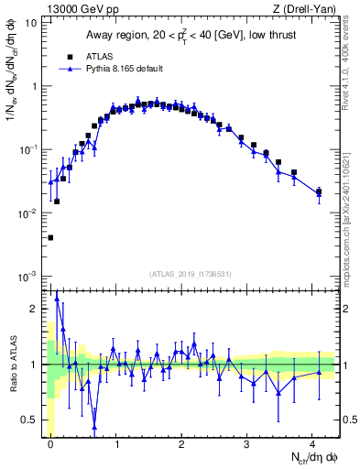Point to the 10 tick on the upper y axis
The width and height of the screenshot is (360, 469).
point(32,23)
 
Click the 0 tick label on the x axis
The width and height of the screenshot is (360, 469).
point(50,442)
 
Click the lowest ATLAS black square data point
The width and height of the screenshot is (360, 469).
point(50,237)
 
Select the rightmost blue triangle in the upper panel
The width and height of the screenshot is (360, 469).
point(319,192)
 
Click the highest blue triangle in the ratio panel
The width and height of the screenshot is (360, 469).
point(57,298)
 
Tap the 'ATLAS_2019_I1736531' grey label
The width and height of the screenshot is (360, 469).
point(191,274)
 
